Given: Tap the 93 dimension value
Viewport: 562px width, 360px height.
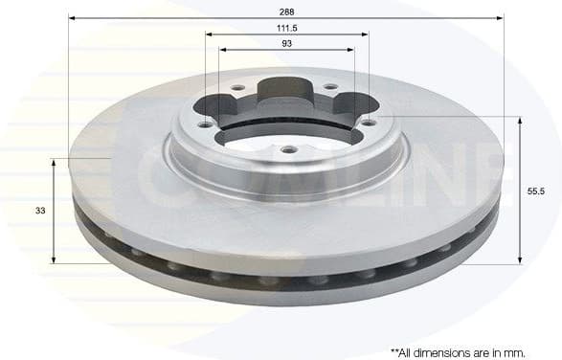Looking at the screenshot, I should click(x=286, y=44).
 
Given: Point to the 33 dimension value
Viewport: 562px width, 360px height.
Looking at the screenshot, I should click(x=38, y=210).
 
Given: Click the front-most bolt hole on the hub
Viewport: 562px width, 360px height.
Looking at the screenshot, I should click(x=286, y=147).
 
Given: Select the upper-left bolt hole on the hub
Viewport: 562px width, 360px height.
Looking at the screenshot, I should click(x=236, y=88).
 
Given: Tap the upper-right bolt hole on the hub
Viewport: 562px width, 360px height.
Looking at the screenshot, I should click(x=329, y=87).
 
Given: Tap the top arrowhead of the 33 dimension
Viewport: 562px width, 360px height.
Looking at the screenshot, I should click(x=54, y=164).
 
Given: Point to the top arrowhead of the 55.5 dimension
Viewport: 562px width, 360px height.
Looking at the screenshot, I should click(x=520, y=121).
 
